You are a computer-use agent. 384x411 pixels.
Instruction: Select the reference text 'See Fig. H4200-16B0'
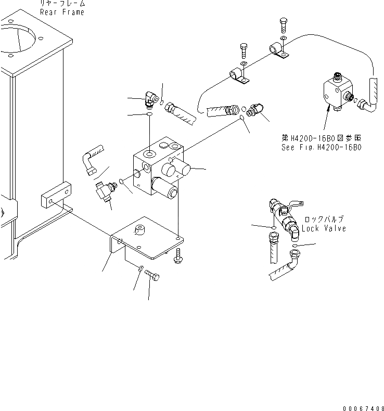click(321, 147)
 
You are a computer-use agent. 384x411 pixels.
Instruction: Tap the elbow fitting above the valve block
click(151, 98)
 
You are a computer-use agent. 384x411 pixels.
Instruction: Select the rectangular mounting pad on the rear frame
click(55, 195)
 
